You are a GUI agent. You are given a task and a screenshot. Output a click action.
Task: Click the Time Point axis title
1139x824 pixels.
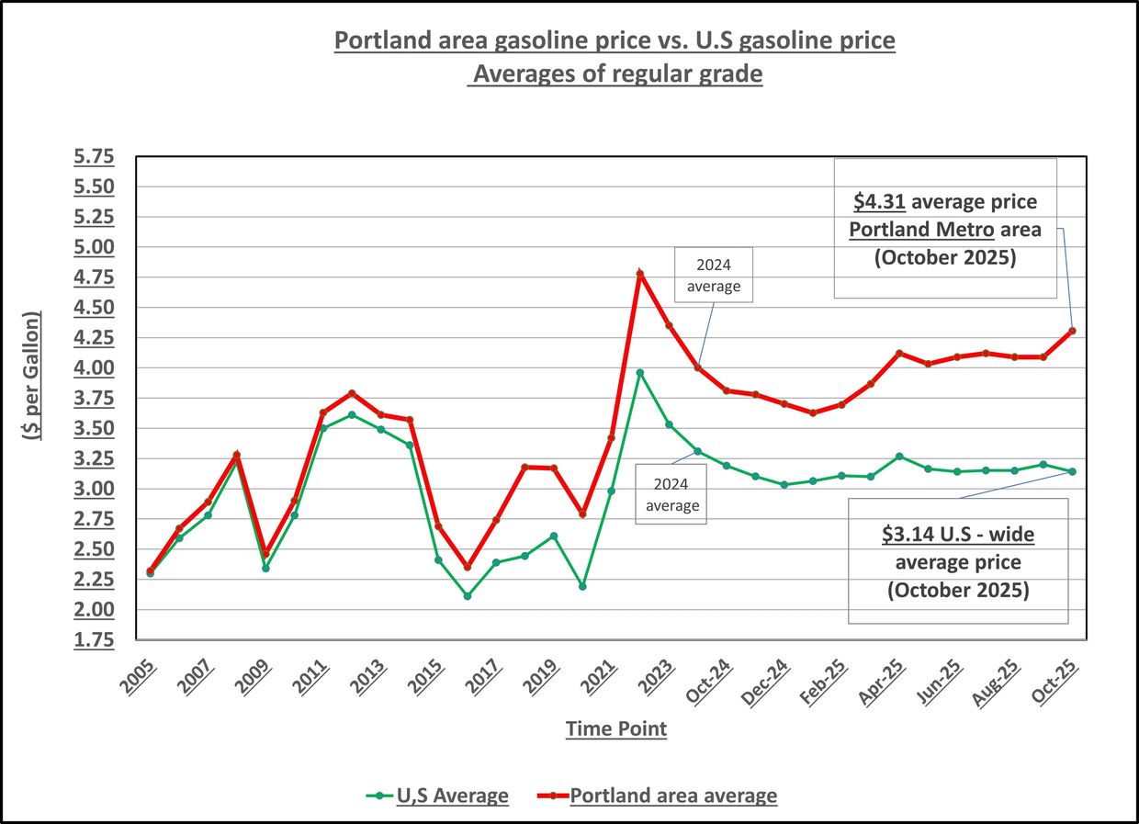[x=615, y=729]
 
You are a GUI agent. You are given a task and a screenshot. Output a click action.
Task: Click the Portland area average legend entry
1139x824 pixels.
[x=672, y=796]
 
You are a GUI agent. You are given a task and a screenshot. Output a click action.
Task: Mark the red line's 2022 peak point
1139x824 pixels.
[x=640, y=273]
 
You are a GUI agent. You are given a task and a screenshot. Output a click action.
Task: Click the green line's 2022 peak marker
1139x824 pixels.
[x=640, y=373]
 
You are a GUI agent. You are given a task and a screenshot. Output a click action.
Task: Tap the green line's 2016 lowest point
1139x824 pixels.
[x=468, y=596]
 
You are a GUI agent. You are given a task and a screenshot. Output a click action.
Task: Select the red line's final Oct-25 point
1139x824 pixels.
[x=1072, y=331]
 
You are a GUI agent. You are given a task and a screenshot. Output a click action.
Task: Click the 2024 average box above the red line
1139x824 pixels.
[x=714, y=274]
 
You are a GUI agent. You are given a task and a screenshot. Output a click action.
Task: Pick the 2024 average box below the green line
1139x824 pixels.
[x=671, y=494]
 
